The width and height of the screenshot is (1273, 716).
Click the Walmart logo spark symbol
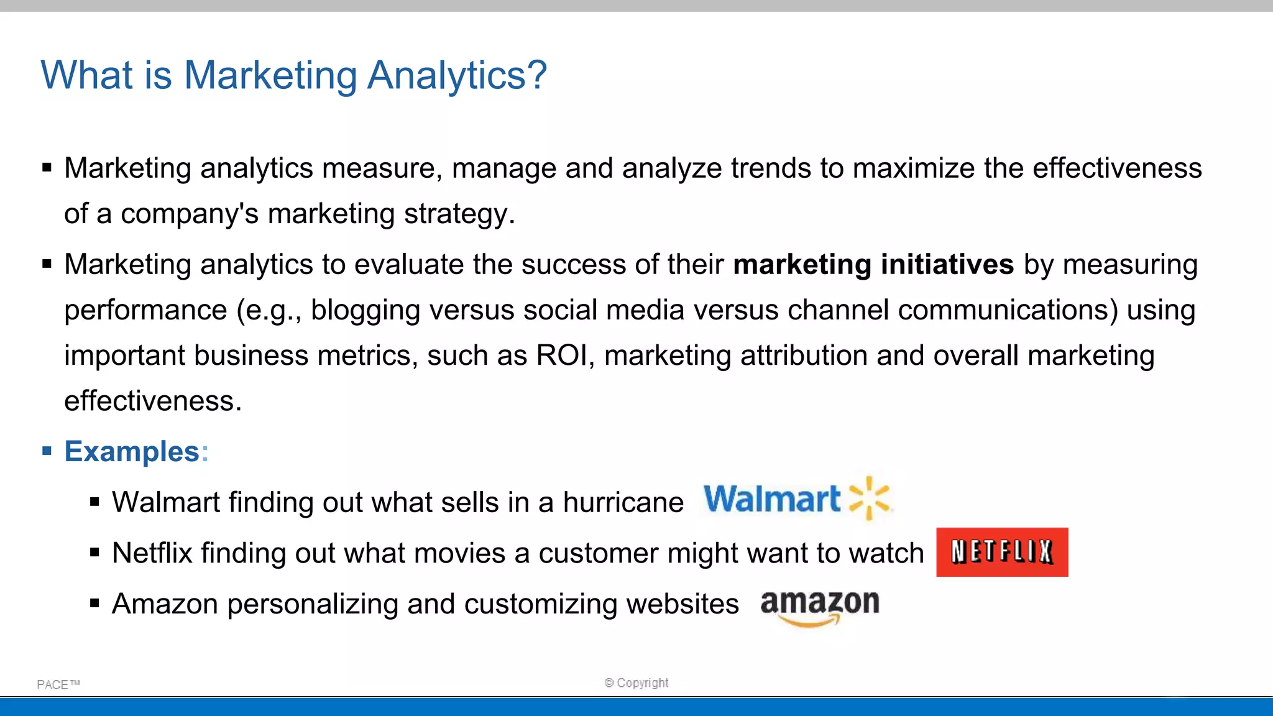[870, 498]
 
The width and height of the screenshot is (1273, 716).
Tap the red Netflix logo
[1002, 552]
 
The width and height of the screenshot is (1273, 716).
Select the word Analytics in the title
[457, 75]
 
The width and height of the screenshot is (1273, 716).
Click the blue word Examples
[132, 451]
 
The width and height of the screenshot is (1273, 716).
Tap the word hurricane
[623, 502]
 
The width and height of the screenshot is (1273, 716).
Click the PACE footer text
[58, 684]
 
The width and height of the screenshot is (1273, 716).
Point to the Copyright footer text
[636, 682]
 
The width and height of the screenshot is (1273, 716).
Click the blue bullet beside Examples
[47, 451]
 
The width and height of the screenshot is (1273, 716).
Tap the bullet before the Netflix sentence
[94, 553]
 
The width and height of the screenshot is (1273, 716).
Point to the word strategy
[459, 214]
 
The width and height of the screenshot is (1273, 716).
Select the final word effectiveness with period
[153, 401]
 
